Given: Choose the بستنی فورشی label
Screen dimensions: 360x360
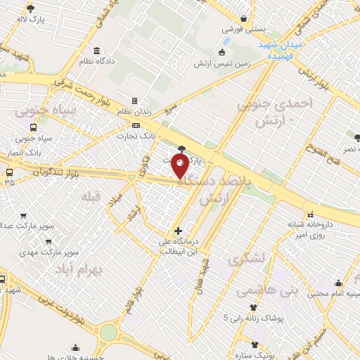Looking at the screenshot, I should pos(242,30).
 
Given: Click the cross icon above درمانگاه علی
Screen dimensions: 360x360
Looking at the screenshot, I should pos(179,230).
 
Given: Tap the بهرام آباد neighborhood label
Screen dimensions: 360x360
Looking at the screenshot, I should pos(98,269).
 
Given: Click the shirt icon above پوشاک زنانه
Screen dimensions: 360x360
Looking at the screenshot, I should pos(253,307).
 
